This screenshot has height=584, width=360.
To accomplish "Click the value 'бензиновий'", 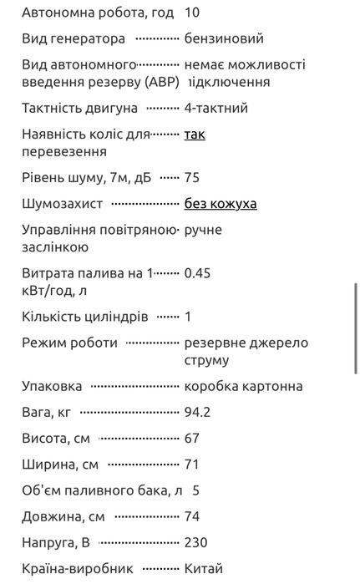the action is click(x=224, y=38).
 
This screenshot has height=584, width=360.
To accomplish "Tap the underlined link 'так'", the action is click(x=194, y=134).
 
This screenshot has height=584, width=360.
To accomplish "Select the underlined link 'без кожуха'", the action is click(x=221, y=203).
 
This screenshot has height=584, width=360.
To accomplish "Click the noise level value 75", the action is click(x=192, y=177).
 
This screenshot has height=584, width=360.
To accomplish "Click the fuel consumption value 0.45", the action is click(x=197, y=273).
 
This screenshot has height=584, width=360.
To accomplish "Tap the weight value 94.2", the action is click(x=196, y=412).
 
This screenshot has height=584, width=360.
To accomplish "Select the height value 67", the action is click(x=191, y=438).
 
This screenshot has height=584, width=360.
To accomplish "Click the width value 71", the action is click(x=191, y=464).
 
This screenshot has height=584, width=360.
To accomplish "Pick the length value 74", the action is click(x=191, y=515).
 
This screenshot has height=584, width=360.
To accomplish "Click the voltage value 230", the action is click(x=195, y=541).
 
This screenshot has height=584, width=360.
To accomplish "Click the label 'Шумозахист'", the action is click(x=62, y=203).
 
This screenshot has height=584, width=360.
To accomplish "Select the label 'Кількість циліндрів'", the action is click(x=85, y=317).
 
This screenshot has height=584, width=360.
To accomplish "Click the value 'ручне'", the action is click(x=203, y=230).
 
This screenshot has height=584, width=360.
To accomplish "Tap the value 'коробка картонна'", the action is click(x=243, y=386).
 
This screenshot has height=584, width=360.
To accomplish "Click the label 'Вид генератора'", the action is click(x=74, y=38).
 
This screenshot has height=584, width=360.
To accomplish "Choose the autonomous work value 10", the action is click(x=191, y=13).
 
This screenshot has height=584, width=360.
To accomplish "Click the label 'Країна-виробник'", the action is click(x=78, y=568).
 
